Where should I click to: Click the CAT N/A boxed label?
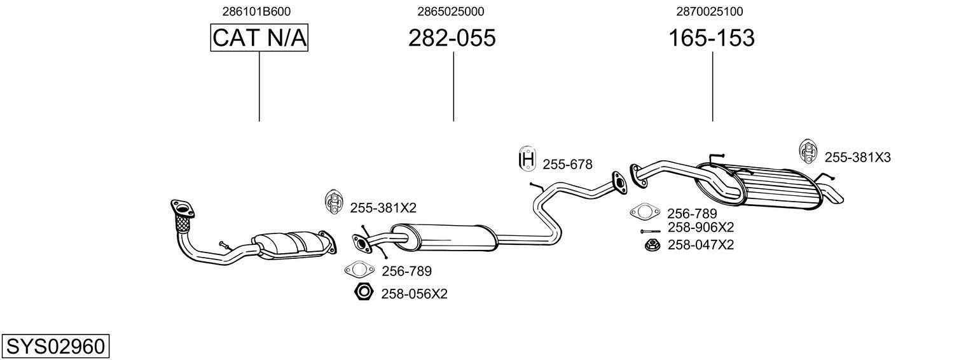coord(259,38)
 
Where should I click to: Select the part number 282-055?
coord(452,38)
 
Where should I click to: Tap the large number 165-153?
coord(711,38)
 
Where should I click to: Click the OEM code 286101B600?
coord(256,11)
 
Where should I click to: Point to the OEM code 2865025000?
coord(450,11)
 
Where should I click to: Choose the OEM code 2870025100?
coord(709,11)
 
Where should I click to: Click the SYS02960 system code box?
coord(55,347)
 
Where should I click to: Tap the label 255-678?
coord(567,165)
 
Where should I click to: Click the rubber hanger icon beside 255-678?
coord(527,159)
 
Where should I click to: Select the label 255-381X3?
coord(857,157)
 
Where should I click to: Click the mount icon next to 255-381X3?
coord(807,152)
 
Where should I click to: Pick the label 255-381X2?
coord(383,207)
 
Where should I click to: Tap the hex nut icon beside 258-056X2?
coord(363,292)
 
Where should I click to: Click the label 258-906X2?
coord(701,228)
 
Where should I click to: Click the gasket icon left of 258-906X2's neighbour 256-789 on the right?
coord(645,212)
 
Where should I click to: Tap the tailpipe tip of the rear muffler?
coord(832,195)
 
